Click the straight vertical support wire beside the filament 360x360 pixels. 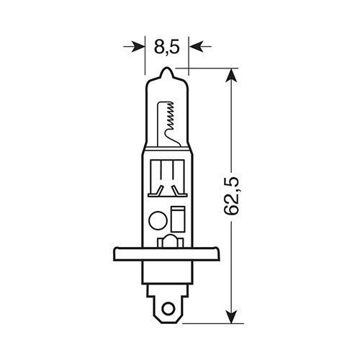pos(160,122)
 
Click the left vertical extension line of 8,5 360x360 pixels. pos(146,54)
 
